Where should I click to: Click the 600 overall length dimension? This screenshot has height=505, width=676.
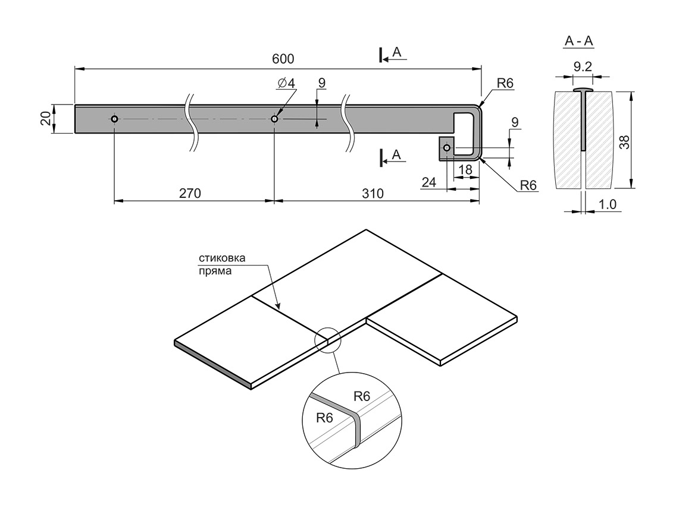coord(283,59)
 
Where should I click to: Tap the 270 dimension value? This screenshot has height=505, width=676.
coord(190,193)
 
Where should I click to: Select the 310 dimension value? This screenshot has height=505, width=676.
coord(372,193)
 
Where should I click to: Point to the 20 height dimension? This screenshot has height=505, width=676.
coord(45,119)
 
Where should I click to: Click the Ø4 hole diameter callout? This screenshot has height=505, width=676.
coord(286,83)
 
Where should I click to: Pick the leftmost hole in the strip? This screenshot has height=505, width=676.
coord(114,119)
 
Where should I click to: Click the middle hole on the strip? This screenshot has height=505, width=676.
coord(274,119)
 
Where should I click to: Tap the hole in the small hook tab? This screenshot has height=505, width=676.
coord(447,147)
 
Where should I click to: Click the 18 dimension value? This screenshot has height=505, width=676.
coord(466,169)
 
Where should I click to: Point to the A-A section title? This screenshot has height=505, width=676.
coord(578,42)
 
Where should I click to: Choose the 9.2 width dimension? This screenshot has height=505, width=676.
coord(583,67)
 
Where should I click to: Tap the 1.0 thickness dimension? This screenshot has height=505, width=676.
coord(608,204)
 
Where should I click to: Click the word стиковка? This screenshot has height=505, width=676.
coord(221,258)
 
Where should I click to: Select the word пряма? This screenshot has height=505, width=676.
coord(214,270)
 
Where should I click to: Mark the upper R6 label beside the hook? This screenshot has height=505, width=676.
coord(505,83)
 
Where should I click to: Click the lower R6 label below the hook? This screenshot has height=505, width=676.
coord(528,185)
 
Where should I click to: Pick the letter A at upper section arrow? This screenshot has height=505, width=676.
coord(398,53)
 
